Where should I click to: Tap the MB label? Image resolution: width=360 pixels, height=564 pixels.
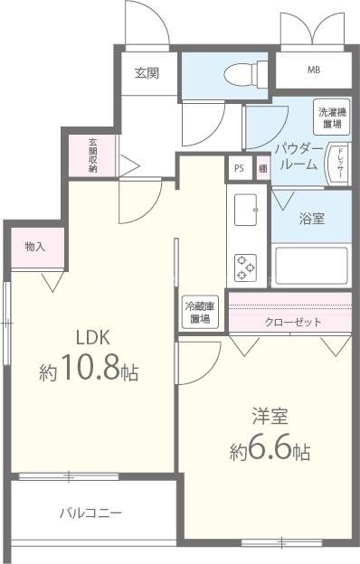[313, 70]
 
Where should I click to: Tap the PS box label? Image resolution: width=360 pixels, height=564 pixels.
[239, 168]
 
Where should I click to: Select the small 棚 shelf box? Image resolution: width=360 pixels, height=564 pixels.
[261, 168]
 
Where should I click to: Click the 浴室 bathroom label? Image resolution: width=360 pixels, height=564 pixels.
[312, 218]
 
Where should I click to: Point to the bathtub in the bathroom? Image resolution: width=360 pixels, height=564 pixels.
[311, 264]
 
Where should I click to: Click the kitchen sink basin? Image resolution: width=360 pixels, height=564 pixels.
[247, 211]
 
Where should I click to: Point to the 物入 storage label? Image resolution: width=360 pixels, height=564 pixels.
[35, 246]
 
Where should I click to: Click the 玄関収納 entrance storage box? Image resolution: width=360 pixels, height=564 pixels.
[93, 155]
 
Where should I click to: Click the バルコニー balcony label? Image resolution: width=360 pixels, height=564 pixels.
[90, 513]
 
